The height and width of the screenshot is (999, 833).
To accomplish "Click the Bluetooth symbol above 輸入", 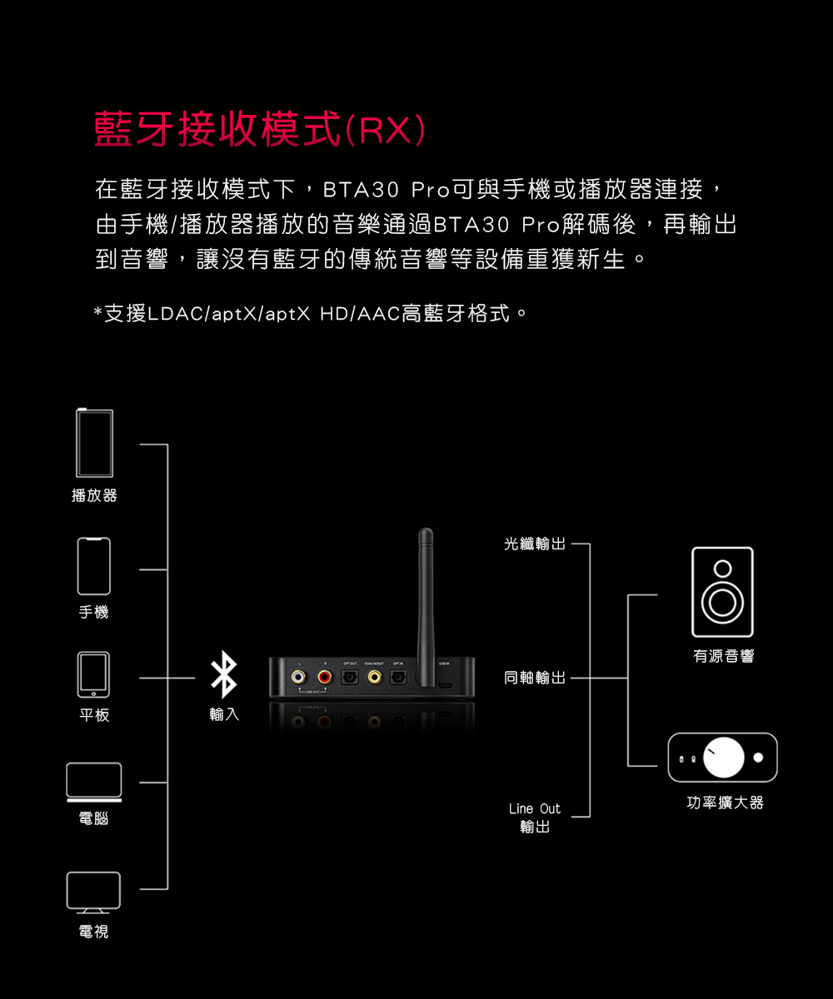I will pyautogui.click(x=223, y=675).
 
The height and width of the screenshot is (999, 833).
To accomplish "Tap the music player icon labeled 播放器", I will pyautogui.click(x=94, y=443).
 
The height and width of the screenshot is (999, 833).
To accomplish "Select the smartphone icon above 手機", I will pyautogui.click(x=94, y=566).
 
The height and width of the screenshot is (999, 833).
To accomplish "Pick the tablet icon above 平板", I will pyautogui.click(x=94, y=674).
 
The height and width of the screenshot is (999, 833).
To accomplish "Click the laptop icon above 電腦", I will pyautogui.click(x=94, y=783).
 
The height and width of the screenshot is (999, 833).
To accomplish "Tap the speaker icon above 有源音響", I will pyautogui.click(x=722, y=592).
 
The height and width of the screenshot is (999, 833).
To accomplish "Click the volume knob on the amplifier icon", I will pyautogui.click(x=724, y=757).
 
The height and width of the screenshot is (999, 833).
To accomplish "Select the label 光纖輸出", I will pyautogui.click(x=534, y=544).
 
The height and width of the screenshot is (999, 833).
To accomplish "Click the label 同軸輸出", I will pyautogui.click(x=534, y=678).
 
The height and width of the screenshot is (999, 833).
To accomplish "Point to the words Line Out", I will pyautogui.click(x=534, y=808).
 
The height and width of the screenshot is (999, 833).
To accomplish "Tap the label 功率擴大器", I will pyautogui.click(x=721, y=803).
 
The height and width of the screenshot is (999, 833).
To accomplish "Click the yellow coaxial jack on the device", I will pyautogui.click(x=375, y=677).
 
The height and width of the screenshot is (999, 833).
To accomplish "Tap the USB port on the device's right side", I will pyautogui.click(x=446, y=684).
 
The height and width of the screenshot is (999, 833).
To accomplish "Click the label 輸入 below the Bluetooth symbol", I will pyautogui.click(x=224, y=714).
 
